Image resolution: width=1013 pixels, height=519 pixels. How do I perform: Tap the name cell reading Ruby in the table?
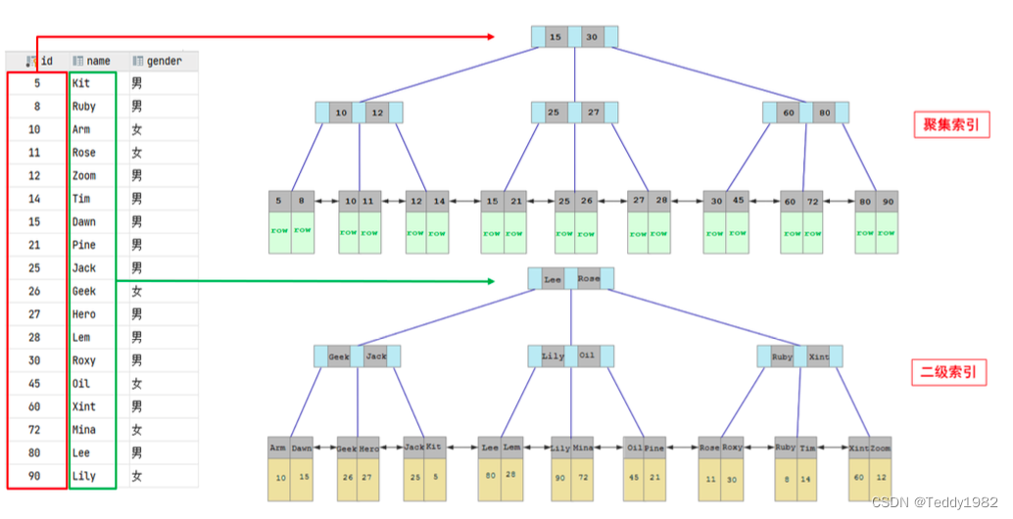[84, 106]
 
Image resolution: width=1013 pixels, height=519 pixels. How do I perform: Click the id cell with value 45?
[35, 384]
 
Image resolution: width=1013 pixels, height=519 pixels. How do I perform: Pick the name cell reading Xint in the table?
[84, 406]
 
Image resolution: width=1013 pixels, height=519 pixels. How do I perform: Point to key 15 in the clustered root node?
[555, 37]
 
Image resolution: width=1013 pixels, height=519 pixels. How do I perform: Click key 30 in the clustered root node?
[592, 37]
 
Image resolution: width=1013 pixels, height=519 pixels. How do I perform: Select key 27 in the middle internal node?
[594, 113]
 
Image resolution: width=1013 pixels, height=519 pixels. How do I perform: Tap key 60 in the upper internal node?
[789, 113]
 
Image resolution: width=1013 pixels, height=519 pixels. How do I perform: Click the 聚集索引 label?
[950, 125]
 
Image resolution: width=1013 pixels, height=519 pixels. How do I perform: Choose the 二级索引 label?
[950, 372]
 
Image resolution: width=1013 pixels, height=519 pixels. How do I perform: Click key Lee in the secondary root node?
[553, 279]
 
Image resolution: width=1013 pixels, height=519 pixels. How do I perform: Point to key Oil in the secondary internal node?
[587, 356]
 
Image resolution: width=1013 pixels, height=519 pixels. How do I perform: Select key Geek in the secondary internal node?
[339, 356]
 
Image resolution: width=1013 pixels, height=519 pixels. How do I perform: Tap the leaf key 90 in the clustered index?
[888, 202]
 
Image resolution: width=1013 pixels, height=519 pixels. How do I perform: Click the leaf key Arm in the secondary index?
[278, 448]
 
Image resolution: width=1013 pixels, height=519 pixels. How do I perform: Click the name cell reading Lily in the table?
[84, 476]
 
